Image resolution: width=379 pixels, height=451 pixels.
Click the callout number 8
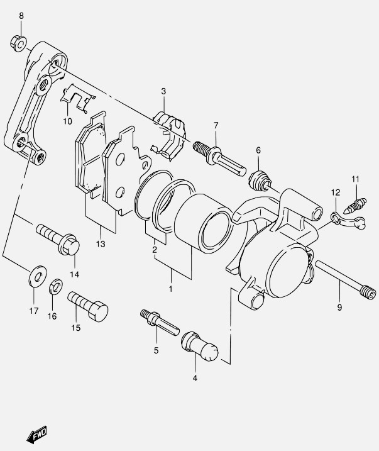pos(21,16)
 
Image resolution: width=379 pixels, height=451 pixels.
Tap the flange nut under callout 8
pos(19,44)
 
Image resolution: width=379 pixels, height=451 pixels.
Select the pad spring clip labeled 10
pos(77,98)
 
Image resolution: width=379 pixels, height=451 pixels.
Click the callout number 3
pos(163,91)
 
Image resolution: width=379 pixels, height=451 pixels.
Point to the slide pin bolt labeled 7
pos(219,159)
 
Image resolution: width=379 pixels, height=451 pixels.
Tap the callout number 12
pos(336,192)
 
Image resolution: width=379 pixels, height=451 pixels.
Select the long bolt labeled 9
pos(346,280)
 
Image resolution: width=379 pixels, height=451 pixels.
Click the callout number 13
pos(101,244)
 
